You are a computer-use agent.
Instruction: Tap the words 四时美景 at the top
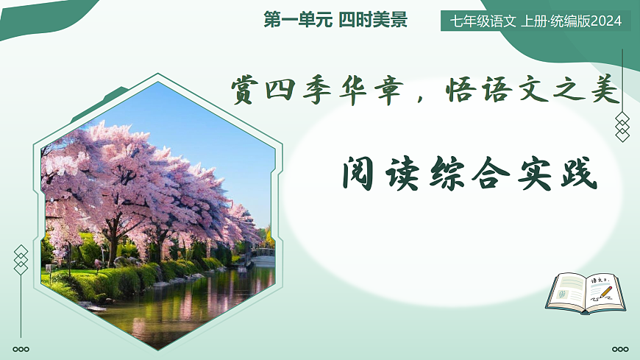373,21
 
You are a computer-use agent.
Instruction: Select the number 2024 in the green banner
605,21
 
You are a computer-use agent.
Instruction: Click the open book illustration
586,292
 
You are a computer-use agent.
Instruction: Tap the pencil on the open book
605,292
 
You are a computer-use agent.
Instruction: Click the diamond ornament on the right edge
622,127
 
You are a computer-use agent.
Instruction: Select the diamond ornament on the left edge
21,260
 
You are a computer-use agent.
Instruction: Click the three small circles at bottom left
21,349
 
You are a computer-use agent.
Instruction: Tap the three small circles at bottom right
620,349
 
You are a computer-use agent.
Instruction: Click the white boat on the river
263,255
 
